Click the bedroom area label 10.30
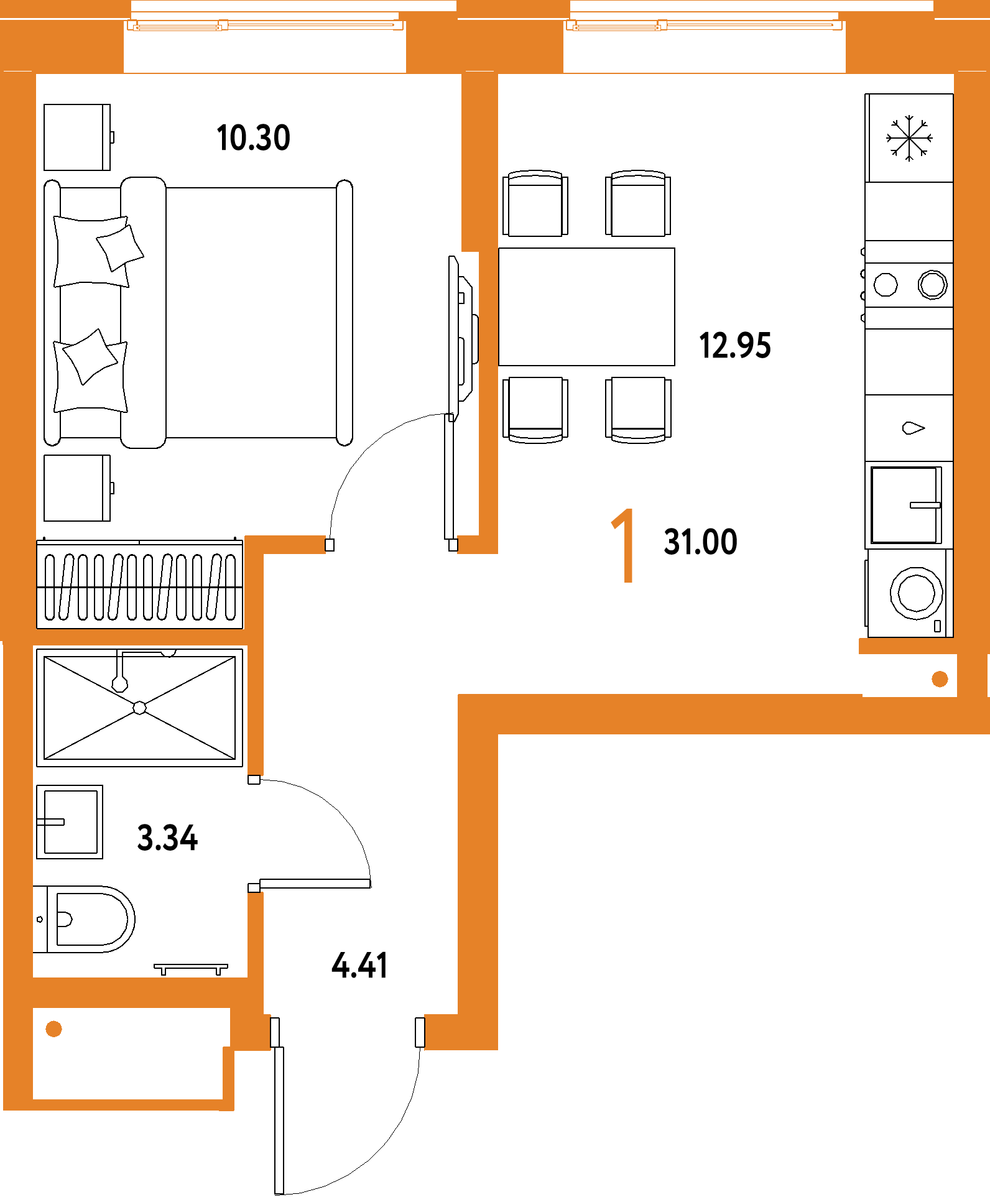pyautogui.click(x=253, y=138)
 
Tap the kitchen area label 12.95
pyautogui.click(x=735, y=346)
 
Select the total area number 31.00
pyautogui.click(x=701, y=542)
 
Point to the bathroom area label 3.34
pyautogui.click(x=167, y=838)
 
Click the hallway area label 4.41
pyautogui.click(x=359, y=966)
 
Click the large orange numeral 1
pyautogui.click(x=624, y=545)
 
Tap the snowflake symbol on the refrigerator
pyautogui.click(x=909, y=138)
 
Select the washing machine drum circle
pyautogui.click(x=916, y=593)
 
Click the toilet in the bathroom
pyautogui.click(x=84, y=919)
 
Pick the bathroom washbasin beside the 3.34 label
pyautogui.click(x=70, y=822)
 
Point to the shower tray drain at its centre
pyautogui.click(x=140, y=708)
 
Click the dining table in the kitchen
pyautogui.click(x=586, y=307)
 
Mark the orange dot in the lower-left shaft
pyautogui.click(x=54, y=1029)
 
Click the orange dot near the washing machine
pyautogui.click(x=940, y=679)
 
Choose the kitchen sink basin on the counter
pyautogui.click(x=905, y=506)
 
